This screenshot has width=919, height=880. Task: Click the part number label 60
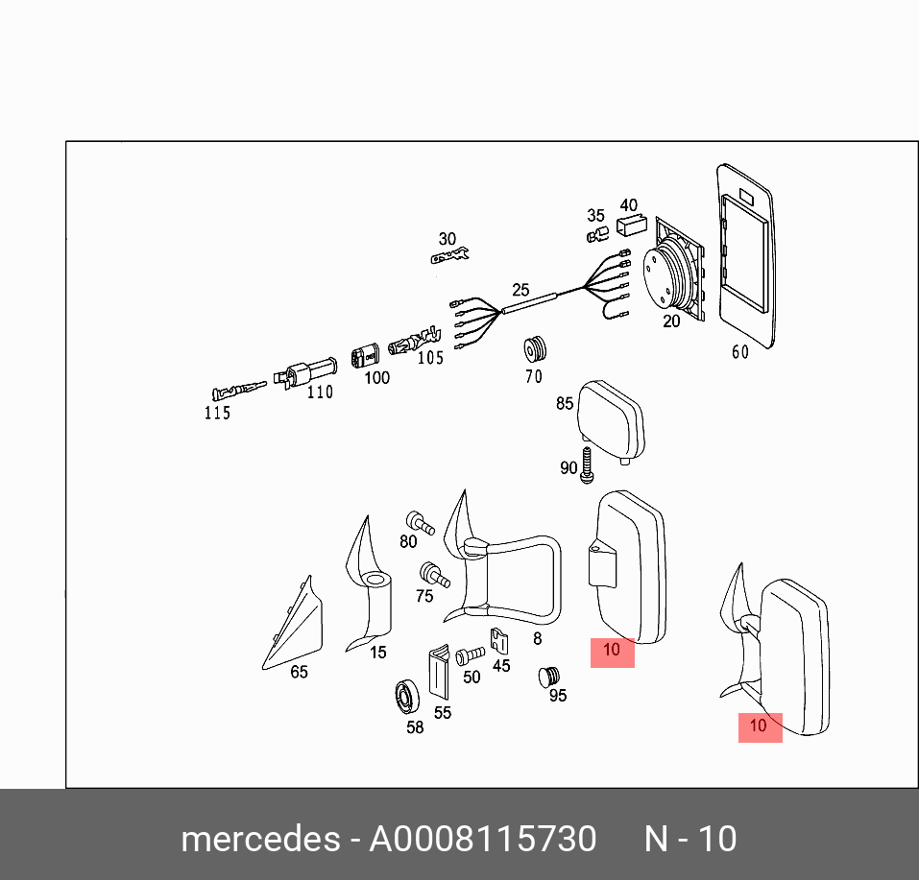[739, 352]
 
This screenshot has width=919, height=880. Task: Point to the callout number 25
[520, 289]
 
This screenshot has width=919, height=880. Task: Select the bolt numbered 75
[434, 576]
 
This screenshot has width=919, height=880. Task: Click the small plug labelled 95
[549, 676]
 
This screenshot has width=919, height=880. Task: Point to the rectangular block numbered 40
[630, 226]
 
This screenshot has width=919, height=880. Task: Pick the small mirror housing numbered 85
[611, 416]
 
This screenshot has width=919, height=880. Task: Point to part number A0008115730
[483, 839]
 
